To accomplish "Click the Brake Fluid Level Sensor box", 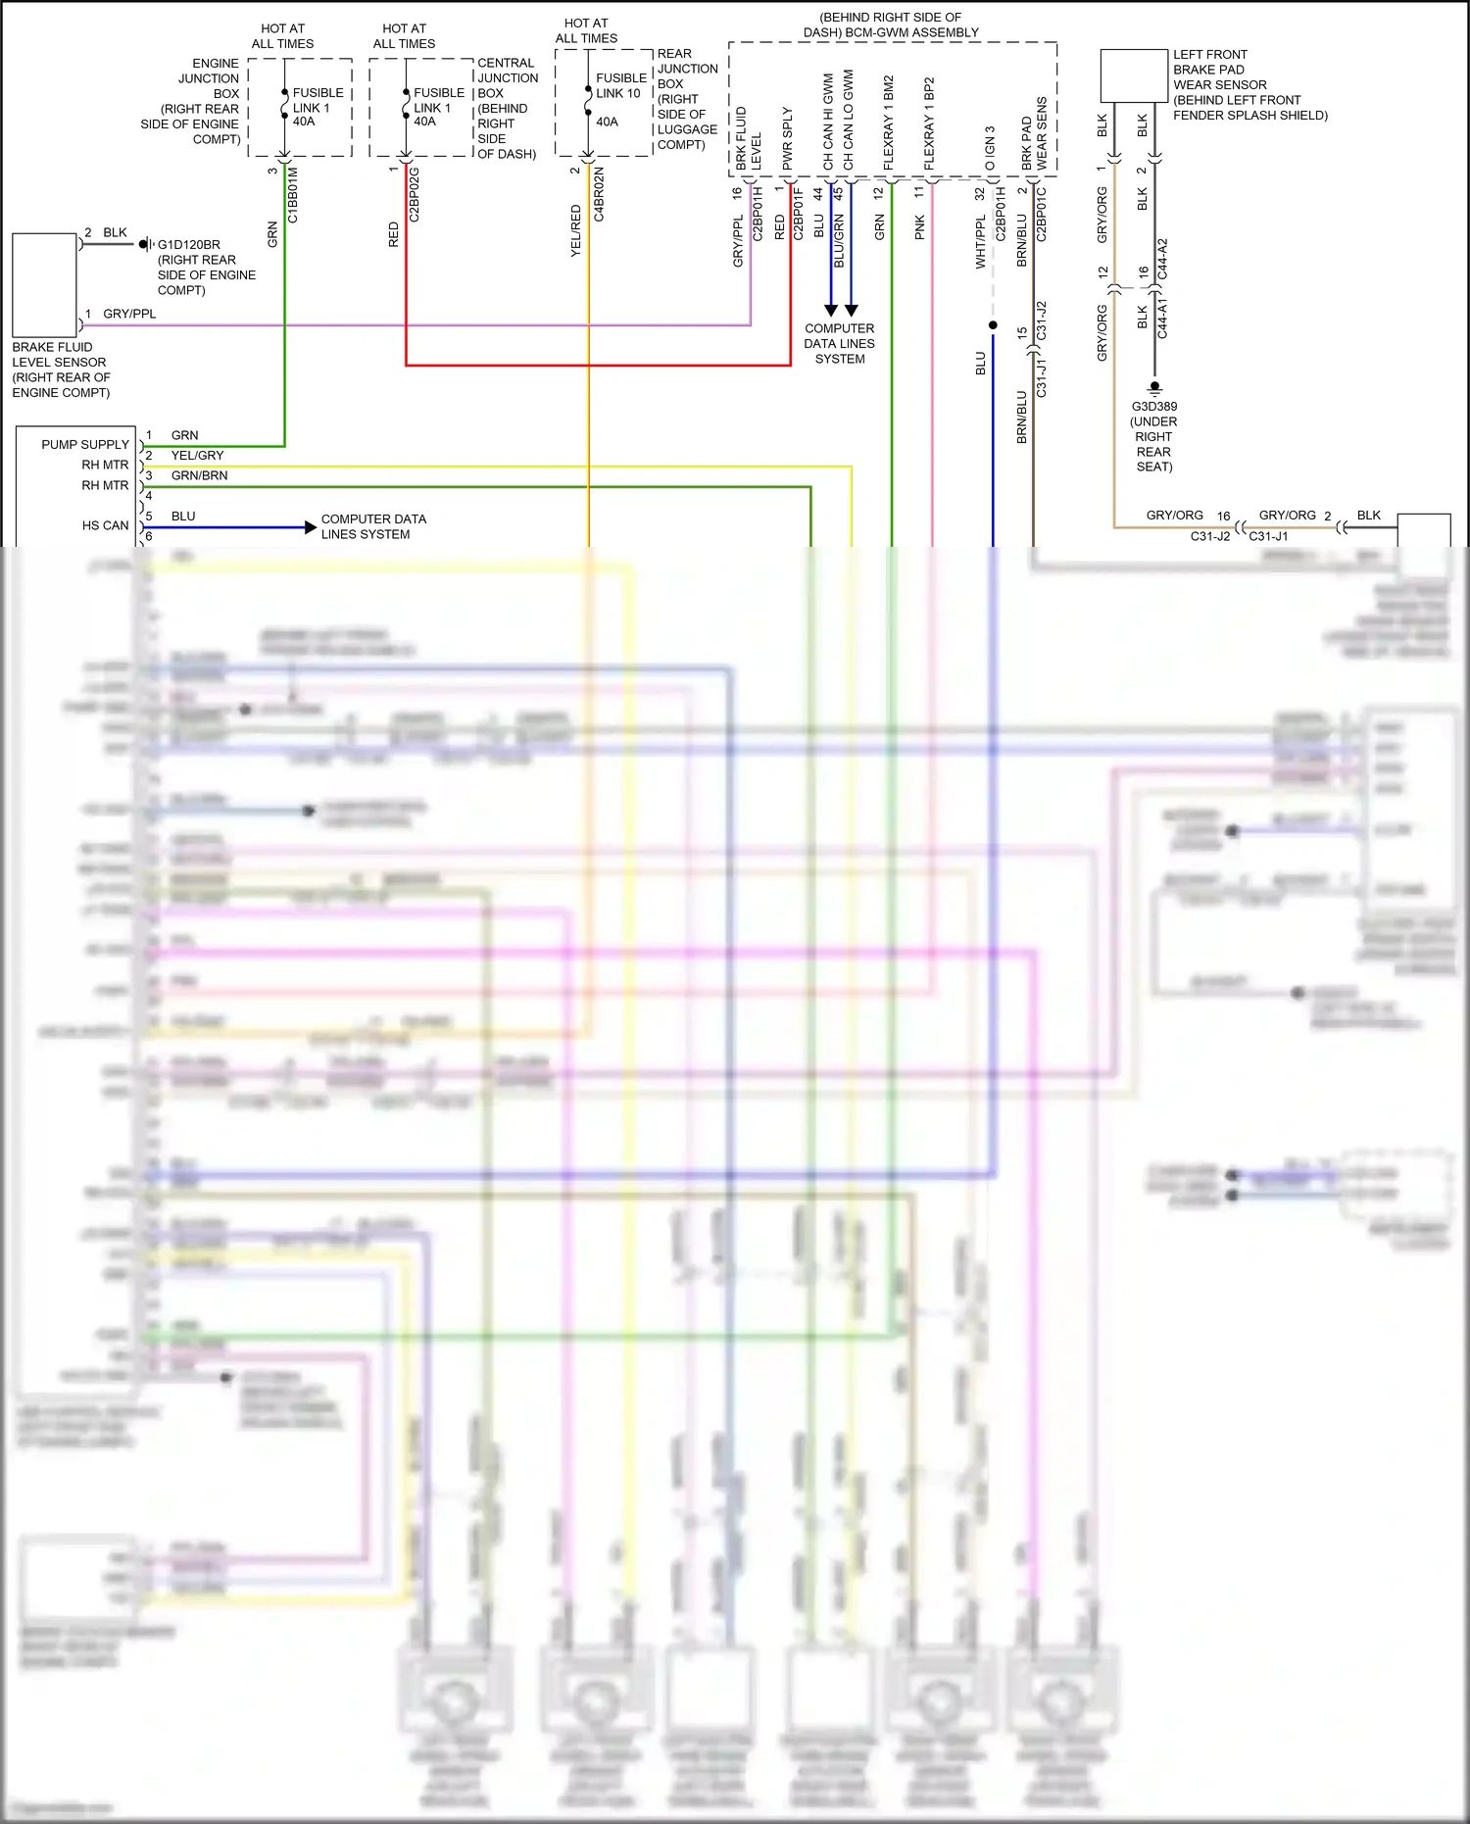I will [44, 284].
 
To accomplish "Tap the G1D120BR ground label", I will [188, 245].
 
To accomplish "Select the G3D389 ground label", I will [1154, 407].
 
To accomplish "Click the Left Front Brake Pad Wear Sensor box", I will [1134, 75].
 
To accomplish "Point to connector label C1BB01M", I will [293, 195].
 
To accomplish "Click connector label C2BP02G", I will [414, 195].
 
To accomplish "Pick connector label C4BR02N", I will [599, 195].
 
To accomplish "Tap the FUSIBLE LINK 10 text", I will [621, 85].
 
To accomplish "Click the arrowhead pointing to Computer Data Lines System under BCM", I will [831, 310].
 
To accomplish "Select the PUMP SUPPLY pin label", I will [85, 445].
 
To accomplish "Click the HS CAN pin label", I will [105, 526].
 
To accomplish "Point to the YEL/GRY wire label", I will [197, 456].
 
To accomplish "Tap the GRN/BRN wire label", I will [199, 476].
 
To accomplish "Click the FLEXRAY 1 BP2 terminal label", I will [929, 123].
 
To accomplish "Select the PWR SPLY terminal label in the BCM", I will [787, 138].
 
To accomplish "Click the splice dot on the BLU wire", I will [993, 325].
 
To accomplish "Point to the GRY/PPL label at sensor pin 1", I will [129, 315].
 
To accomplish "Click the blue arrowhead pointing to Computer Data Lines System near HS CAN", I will [311, 527].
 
